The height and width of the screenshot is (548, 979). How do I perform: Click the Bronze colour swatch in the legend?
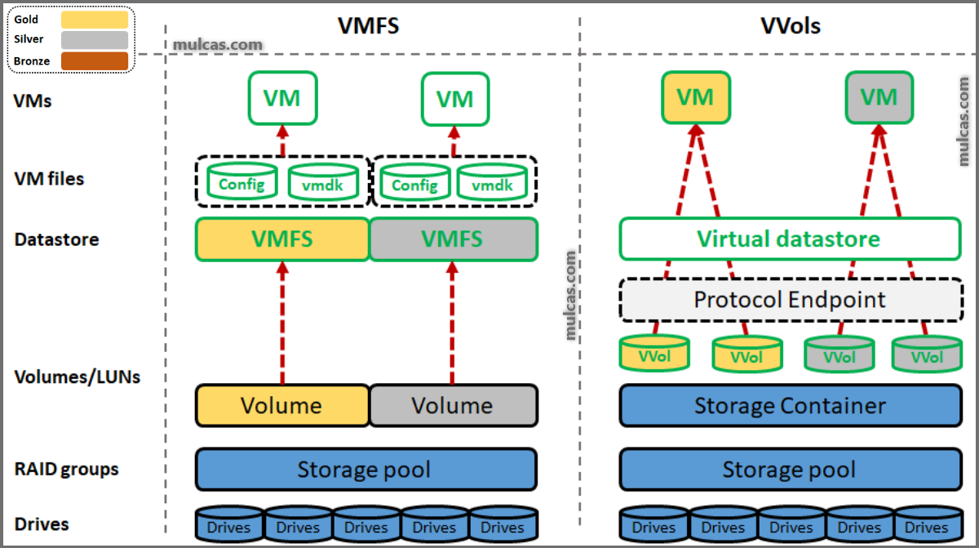95,61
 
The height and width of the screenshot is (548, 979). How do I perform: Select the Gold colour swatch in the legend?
95,20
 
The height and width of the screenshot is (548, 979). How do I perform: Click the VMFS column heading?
368,26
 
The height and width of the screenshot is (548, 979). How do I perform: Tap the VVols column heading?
790,26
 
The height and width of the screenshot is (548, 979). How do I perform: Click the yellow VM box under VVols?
695,98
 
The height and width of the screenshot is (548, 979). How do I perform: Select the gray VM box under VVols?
879,98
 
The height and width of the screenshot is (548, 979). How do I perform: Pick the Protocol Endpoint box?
790,300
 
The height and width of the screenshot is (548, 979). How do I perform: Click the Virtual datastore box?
790,239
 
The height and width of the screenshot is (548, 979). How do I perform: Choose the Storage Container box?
790,406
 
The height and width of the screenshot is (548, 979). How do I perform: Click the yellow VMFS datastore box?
282,239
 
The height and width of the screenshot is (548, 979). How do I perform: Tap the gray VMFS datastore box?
454,239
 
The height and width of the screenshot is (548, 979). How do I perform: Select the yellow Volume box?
282,406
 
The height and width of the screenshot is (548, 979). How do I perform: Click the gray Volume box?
454,406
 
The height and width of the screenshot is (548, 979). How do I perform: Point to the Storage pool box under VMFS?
365,470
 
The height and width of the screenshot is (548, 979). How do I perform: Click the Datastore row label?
56,240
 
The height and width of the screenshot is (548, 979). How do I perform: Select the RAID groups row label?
66,470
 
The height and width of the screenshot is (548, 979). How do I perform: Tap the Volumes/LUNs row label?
78,377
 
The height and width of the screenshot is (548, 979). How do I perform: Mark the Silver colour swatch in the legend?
95,40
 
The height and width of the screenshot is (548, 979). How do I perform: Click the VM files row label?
49,178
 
